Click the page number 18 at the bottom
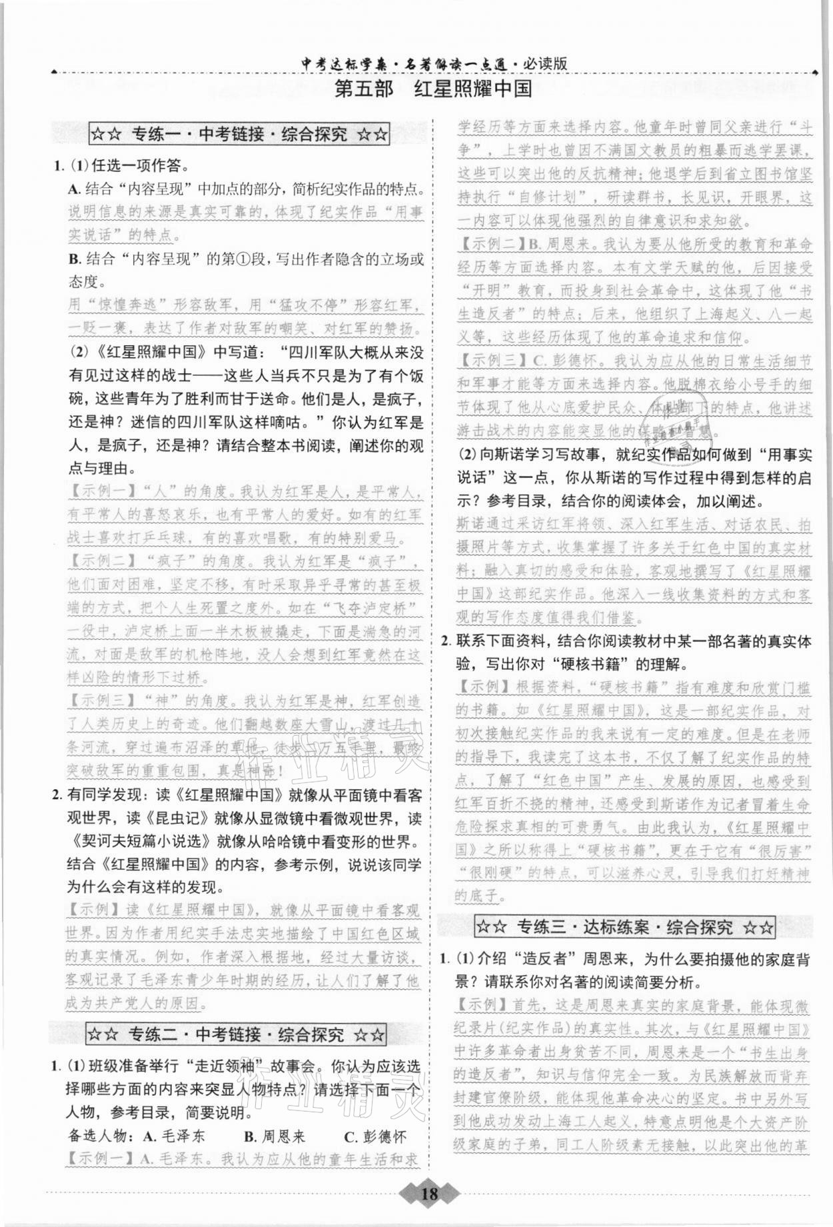[430, 1192]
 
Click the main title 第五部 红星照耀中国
[433, 89]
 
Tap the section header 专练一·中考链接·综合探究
[239, 134]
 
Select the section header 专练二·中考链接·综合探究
[236, 1034]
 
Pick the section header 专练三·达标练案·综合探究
[625, 926]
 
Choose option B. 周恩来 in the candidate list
[274, 1136]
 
